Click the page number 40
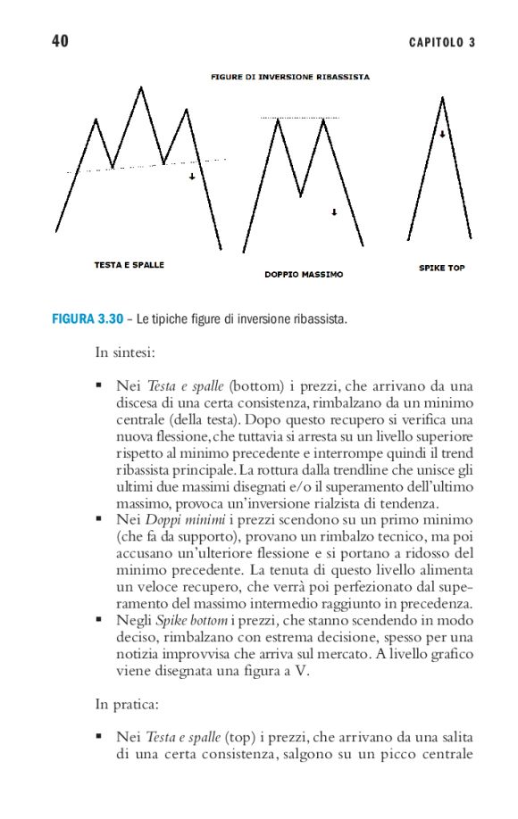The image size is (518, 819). point(61,42)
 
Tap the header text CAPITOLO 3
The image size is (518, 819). point(442,43)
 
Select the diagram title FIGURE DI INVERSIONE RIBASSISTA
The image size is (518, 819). point(290,77)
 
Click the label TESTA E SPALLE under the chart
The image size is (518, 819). point(129,265)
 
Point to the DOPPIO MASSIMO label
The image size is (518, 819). point(304,275)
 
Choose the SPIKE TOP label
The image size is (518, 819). point(442,268)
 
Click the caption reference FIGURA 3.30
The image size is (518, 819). point(87,318)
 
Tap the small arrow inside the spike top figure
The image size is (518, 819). point(442,135)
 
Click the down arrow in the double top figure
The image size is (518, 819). point(333,212)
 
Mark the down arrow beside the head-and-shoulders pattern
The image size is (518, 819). point(192,177)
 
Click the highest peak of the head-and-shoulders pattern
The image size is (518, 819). point(140,87)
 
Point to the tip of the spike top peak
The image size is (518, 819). point(441,97)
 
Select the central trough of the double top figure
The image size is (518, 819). point(301,194)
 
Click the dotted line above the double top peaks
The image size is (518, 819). point(300,118)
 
